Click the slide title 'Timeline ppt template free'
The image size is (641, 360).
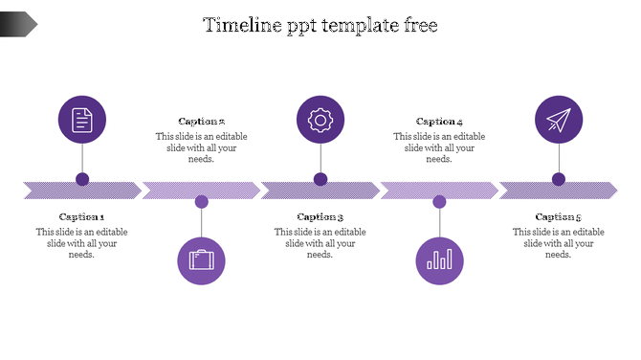(320, 26)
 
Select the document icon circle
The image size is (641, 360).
(82, 120)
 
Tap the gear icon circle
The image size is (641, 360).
(320, 120)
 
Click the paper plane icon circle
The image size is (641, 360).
(558, 120)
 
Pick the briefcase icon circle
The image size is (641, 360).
(201, 260)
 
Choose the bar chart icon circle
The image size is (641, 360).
(440, 260)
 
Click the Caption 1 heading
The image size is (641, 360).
(82, 217)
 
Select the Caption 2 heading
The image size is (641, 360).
(201, 122)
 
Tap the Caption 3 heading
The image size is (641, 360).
(320, 217)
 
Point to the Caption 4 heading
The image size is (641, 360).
(439, 122)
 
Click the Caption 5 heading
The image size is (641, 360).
(558, 217)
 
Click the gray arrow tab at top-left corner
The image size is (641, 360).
(18, 24)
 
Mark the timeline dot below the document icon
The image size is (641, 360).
(82, 179)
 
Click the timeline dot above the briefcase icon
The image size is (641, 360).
(201, 202)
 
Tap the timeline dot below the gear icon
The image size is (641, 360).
(320, 179)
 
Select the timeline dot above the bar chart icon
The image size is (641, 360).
(439, 202)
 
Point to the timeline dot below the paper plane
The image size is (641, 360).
(558, 179)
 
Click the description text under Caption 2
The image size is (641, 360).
(201, 147)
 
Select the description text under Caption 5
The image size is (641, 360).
(558, 243)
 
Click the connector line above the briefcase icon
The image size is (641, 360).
(201, 222)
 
